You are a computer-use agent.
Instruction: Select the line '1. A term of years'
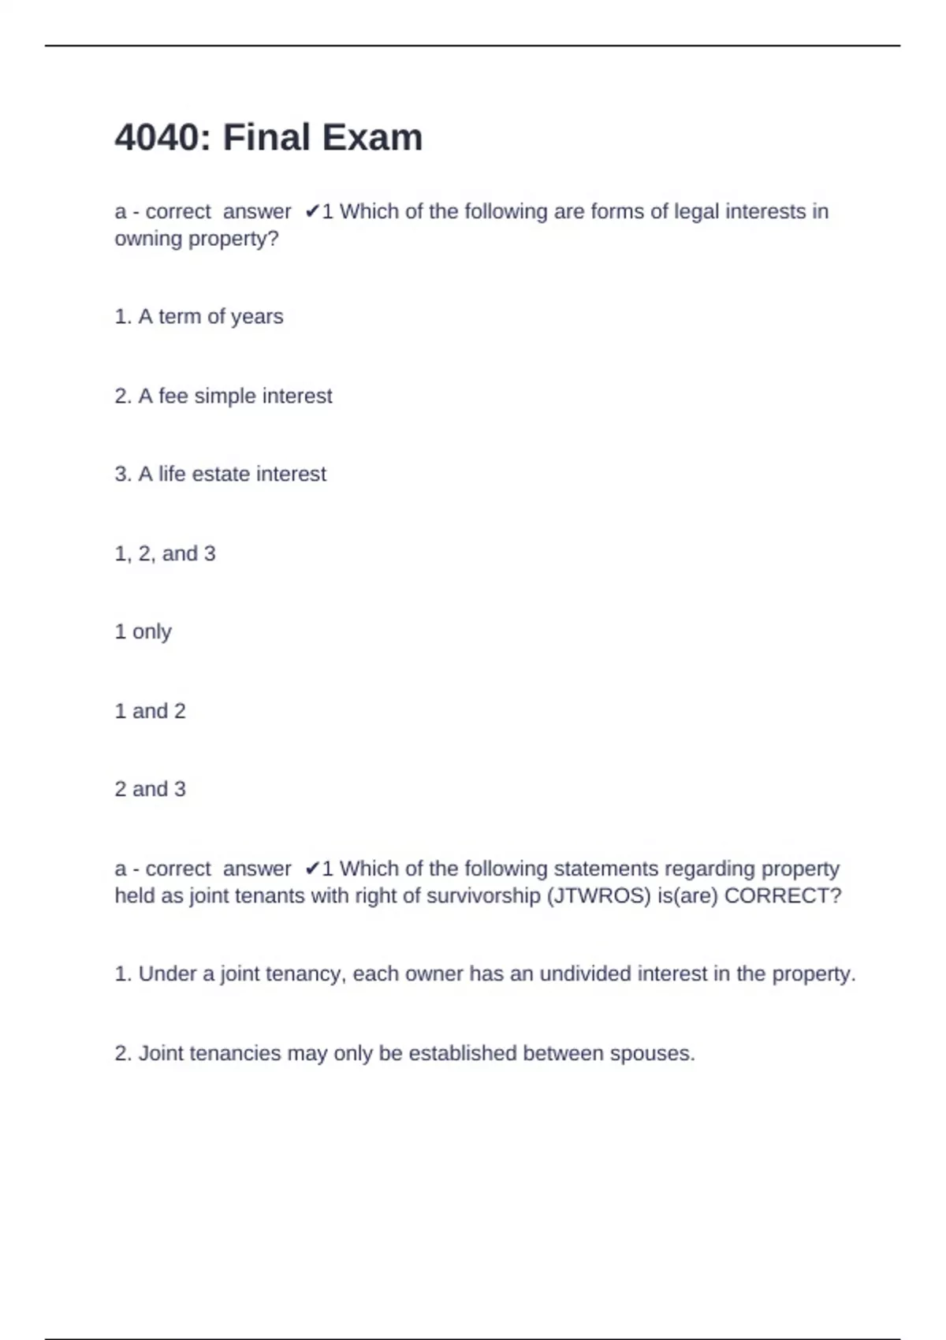(x=199, y=317)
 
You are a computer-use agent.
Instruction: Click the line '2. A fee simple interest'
(x=223, y=396)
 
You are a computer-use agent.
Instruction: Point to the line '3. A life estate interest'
(x=220, y=474)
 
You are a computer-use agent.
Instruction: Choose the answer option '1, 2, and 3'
(x=165, y=553)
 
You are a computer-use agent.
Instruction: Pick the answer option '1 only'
(x=143, y=632)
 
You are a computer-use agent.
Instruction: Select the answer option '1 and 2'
(x=150, y=711)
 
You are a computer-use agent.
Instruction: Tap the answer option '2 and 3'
(x=150, y=789)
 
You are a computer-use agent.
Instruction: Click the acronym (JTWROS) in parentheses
(x=598, y=896)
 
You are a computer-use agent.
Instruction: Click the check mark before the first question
(x=312, y=211)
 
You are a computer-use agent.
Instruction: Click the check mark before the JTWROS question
(x=312, y=869)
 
